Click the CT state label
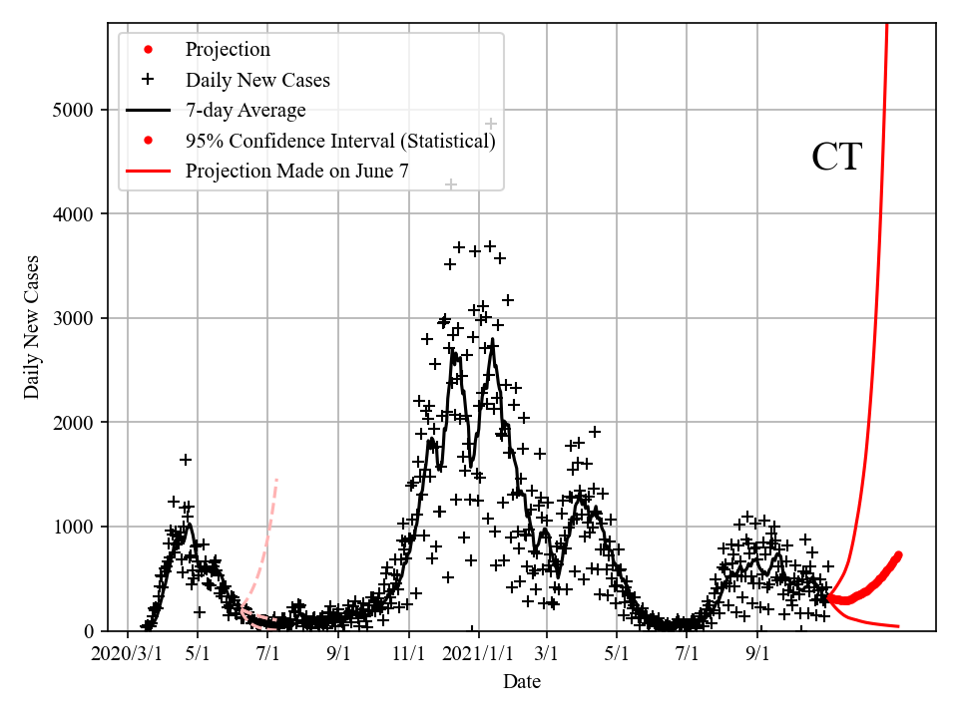(835, 158)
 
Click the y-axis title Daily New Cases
(32, 326)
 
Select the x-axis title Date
(522, 682)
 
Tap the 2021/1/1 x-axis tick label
(479, 654)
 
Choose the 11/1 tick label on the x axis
(409, 654)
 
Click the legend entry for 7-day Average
(245, 110)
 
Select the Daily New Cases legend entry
(257, 80)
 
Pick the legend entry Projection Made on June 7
(296, 172)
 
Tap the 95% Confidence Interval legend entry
(340, 141)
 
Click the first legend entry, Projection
(228, 50)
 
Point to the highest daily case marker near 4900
(491, 124)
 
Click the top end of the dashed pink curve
(276, 480)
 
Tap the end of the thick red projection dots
(898, 555)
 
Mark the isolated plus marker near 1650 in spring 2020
(186, 460)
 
